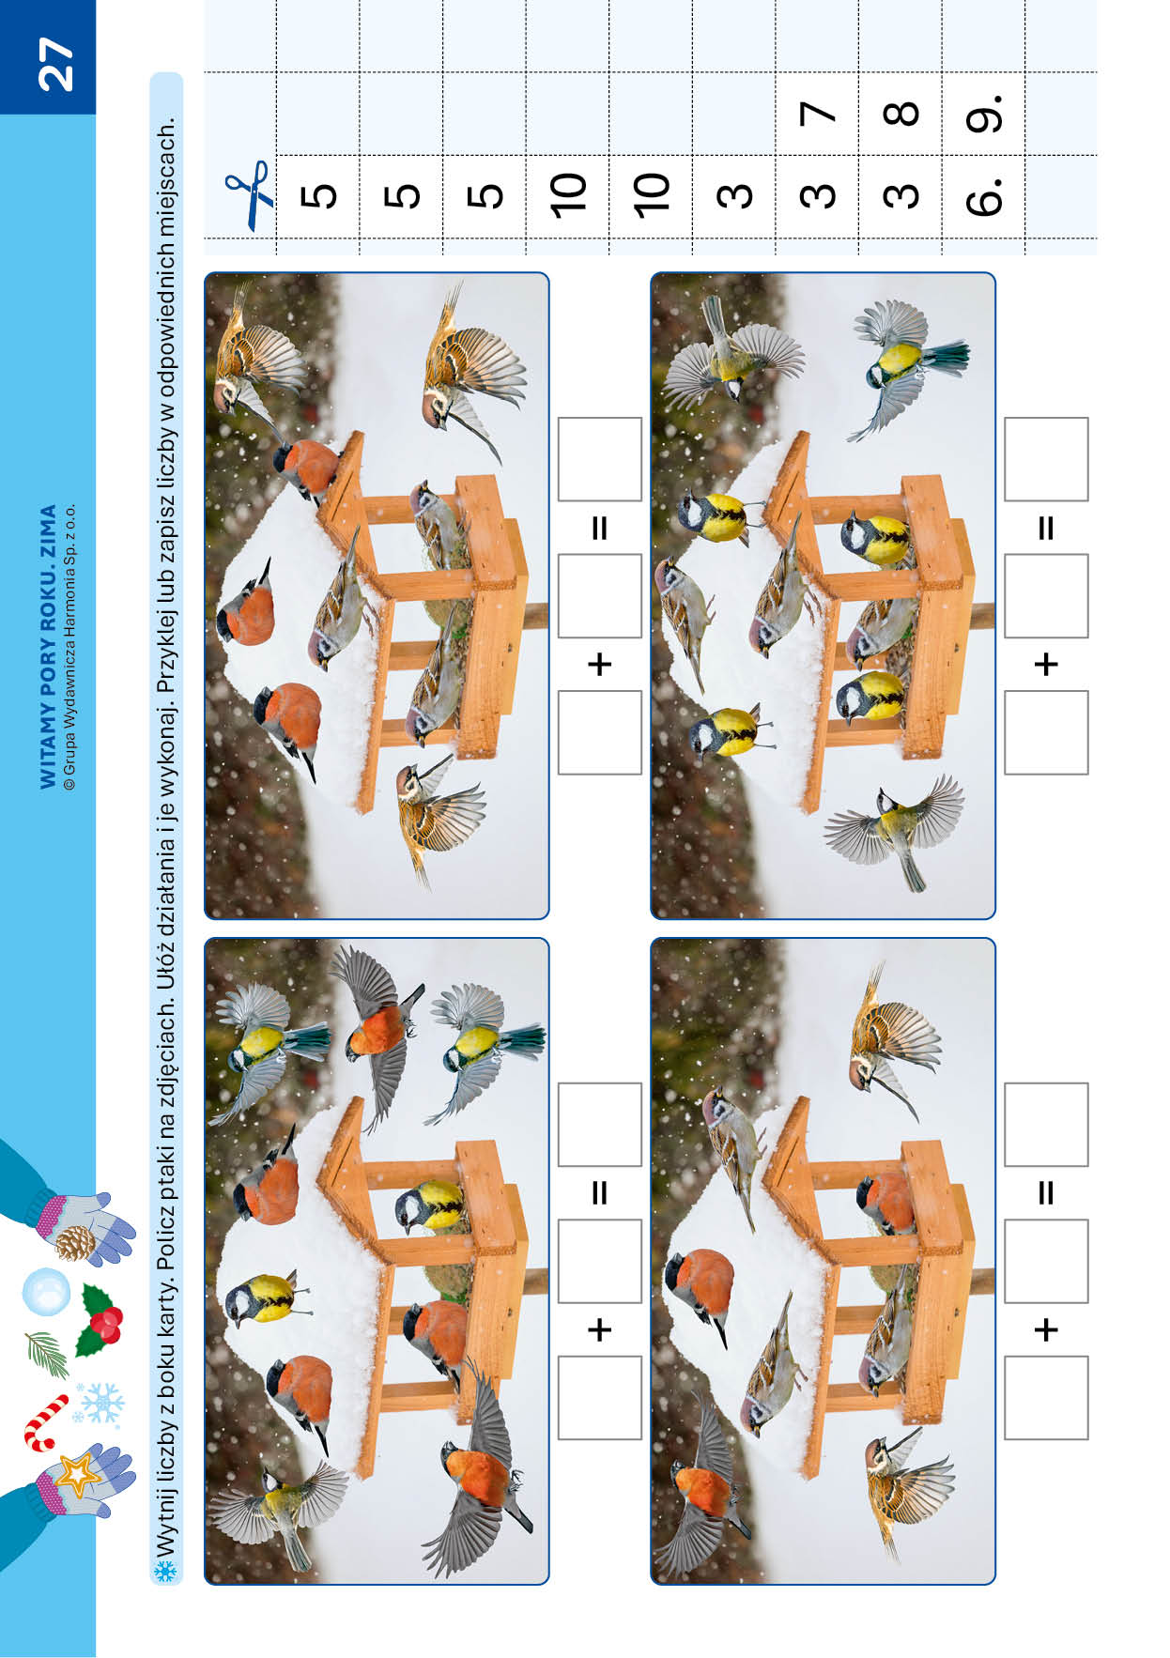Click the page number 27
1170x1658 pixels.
click(x=55, y=64)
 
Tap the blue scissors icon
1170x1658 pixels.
click(x=249, y=195)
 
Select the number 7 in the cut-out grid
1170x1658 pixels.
click(x=817, y=114)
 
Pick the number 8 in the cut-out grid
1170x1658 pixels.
click(x=901, y=114)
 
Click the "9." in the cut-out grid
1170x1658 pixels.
click(x=983, y=112)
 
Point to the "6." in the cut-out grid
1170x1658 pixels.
click(x=983, y=194)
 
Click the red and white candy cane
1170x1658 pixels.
click(x=44, y=1421)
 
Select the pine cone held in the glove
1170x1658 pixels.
click(x=75, y=1242)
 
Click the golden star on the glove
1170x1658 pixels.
click(x=77, y=1475)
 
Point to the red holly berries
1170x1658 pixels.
click(x=105, y=1325)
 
